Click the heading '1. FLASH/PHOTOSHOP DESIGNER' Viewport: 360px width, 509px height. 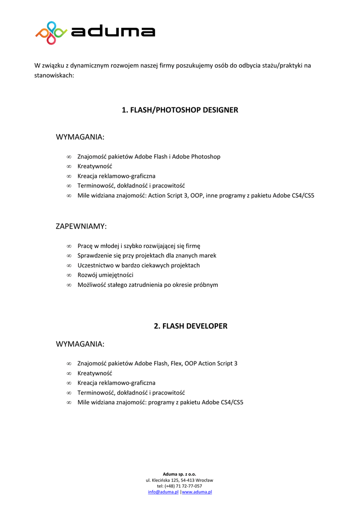click(x=180, y=110)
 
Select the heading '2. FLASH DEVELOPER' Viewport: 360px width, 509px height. click(x=190, y=326)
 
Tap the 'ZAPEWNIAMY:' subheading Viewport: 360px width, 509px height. click(x=81, y=226)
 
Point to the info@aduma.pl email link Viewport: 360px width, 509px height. click(x=163, y=492)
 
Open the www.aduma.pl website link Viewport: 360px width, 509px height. click(x=197, y=492)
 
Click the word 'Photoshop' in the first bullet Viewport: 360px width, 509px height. click(x=206, y=157)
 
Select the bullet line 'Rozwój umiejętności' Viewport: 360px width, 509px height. click(x=105, y=275)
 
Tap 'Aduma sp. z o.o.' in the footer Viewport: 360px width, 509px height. click(x=180, y=474)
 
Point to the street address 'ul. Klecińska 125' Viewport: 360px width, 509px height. click(x=164, y=480)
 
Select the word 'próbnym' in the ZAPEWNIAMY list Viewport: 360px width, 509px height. click(x=206, y=285)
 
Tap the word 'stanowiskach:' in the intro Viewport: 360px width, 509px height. click(x=54, y=76)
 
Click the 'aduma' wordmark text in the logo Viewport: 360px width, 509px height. click(x=113, y=32)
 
